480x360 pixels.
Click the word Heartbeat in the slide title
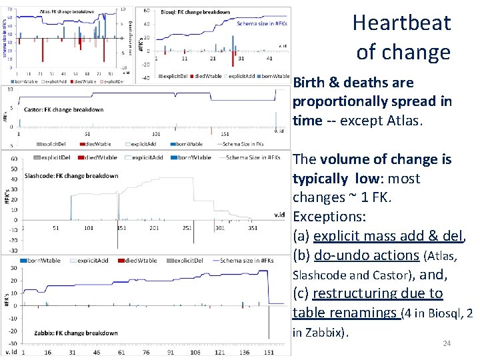click(402, 23)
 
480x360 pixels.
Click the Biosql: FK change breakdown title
click(196, 12)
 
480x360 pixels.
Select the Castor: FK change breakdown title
click(64, 109)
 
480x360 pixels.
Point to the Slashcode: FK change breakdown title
click(71, 176)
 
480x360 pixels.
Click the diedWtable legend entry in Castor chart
click(99, 143)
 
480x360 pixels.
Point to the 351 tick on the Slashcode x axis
click(252, 227)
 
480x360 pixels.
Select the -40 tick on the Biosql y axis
click(145, 78)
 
